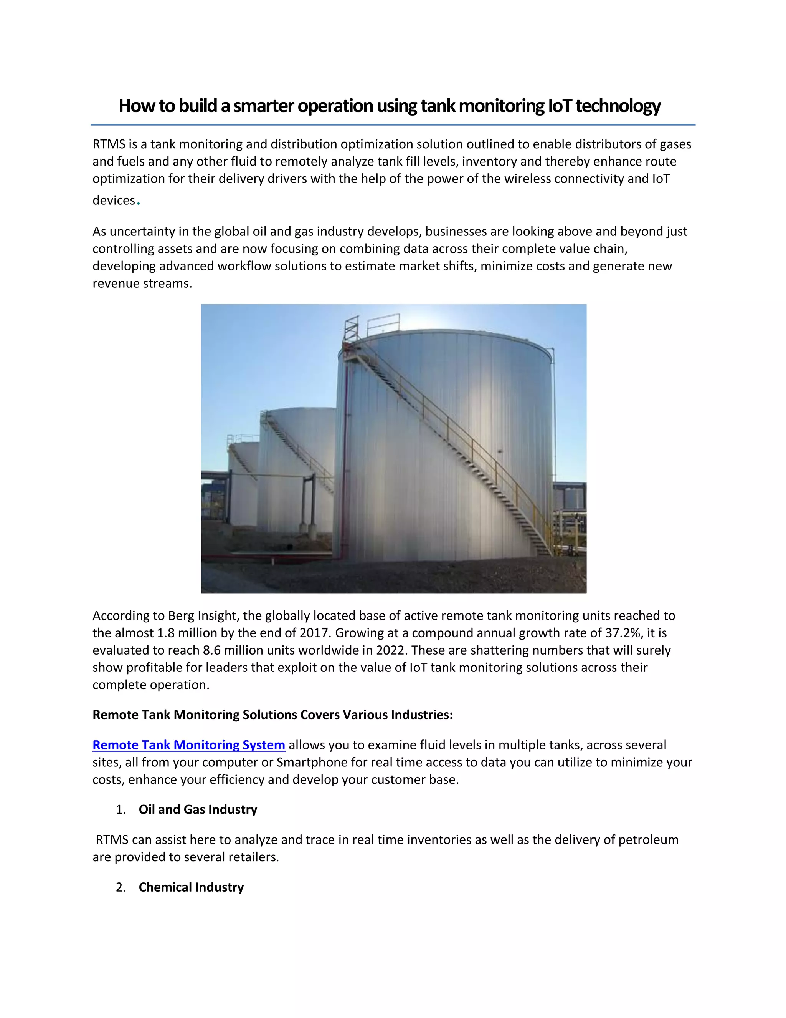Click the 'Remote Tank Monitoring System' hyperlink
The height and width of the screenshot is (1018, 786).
click(x=188, y=745)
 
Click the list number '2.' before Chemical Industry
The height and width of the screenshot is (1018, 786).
click(x=121, y=887)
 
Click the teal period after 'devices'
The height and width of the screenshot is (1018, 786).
click(x=139, y=203)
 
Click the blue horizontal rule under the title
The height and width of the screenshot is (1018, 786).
click(x=393, y=125)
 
